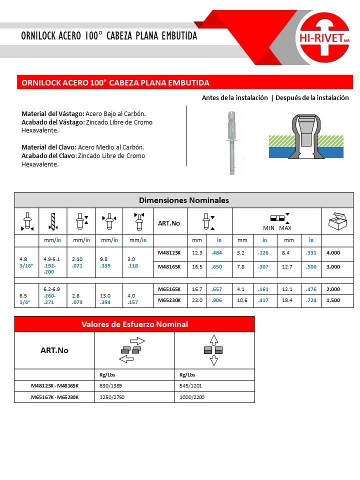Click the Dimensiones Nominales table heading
point(183,200)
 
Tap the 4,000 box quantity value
point(333,253)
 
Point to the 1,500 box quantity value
point(333,300)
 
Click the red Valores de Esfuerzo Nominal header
point(134,324)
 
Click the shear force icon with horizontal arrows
point(131,350)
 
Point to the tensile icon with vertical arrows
point(214,350)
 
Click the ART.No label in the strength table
point(54,350)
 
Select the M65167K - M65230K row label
point(54,397)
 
